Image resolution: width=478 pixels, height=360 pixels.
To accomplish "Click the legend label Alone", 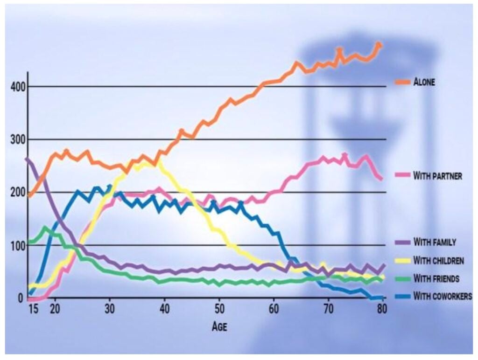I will pyautogui.click(x=424, y=82).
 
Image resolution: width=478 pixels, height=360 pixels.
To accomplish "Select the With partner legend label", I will pyautogui.click(x=437, y=176).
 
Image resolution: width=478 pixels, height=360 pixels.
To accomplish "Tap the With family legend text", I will pyautogui.click(x=435, y=242).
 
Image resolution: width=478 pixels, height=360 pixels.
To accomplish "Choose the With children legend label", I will pyautogui.click(x=438, y=261).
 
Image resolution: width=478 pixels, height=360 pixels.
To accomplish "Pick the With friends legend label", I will pyautogui.click(x=436, y=278).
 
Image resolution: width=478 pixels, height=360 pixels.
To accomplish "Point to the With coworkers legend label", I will pyautogui.click(x=442, y=296).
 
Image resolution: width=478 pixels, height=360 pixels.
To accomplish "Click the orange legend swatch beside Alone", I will pyautogui.click(x=402, y=82).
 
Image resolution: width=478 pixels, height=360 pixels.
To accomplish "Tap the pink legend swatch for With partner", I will pyautogui.click(x=402, y=176).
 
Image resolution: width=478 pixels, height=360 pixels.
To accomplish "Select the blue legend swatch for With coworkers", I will pyautogui.click(x=402, y=296).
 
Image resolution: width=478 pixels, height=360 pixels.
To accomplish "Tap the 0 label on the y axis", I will pyautogui.click(x=21, y=298).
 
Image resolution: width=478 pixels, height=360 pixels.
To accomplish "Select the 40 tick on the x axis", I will pyautogui.click(x=164, y=309).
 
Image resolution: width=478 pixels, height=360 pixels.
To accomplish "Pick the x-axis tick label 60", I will pyautogui.click(x=274, y=309).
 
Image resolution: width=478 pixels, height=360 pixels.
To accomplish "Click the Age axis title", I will pyautogui.click(x=219, y=326).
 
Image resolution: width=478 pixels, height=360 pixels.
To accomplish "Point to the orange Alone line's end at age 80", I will pyautogui.click(x=380, y=45).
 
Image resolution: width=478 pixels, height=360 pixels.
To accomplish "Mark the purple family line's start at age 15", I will pyautogui.click(x=28, y=159).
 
